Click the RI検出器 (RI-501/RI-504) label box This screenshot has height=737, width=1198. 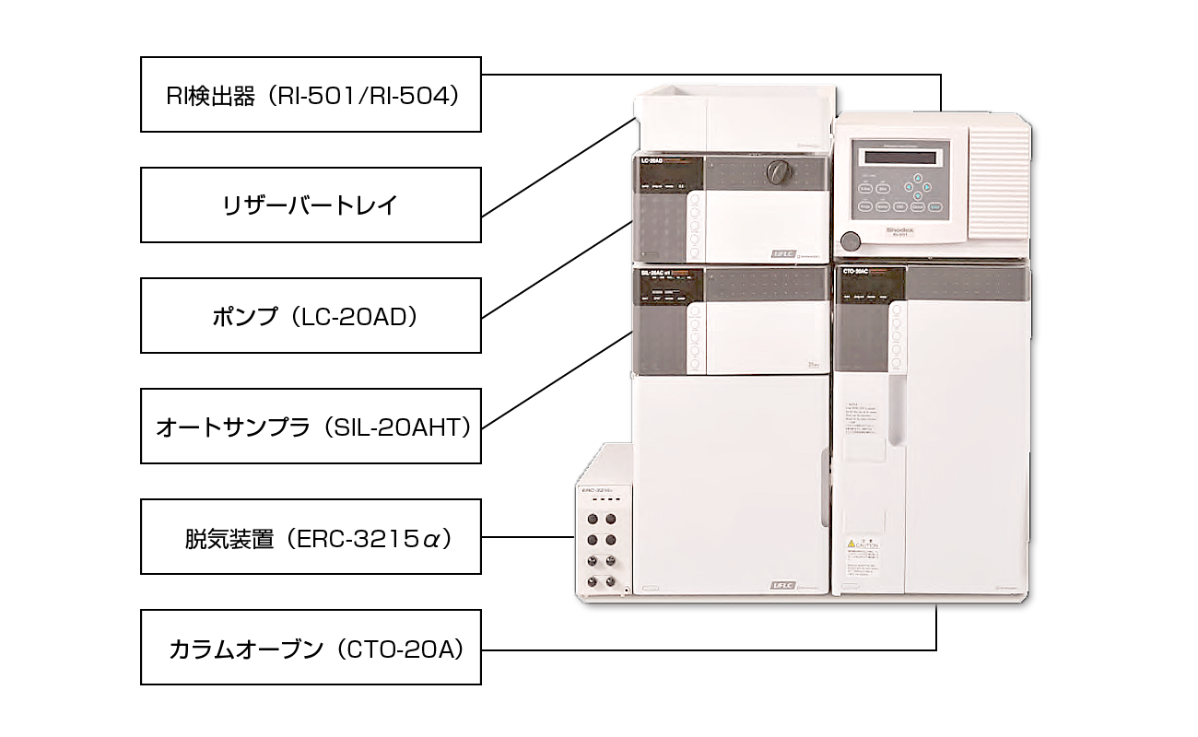(311, 95)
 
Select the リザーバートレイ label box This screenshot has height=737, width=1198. (311, 205)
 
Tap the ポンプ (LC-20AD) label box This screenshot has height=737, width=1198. (311, 316)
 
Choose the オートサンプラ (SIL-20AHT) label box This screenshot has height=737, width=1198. (311, 427)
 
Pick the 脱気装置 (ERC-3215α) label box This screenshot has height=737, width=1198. (311, 537)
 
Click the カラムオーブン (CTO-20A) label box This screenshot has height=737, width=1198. (311, 648)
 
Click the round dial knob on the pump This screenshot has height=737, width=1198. (779, 170)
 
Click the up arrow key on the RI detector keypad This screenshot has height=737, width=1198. (917, 176)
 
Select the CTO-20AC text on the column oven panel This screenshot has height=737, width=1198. (857, 272)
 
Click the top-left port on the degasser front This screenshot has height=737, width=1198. (590, 519)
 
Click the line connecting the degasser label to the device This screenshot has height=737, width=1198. (526, 537)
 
